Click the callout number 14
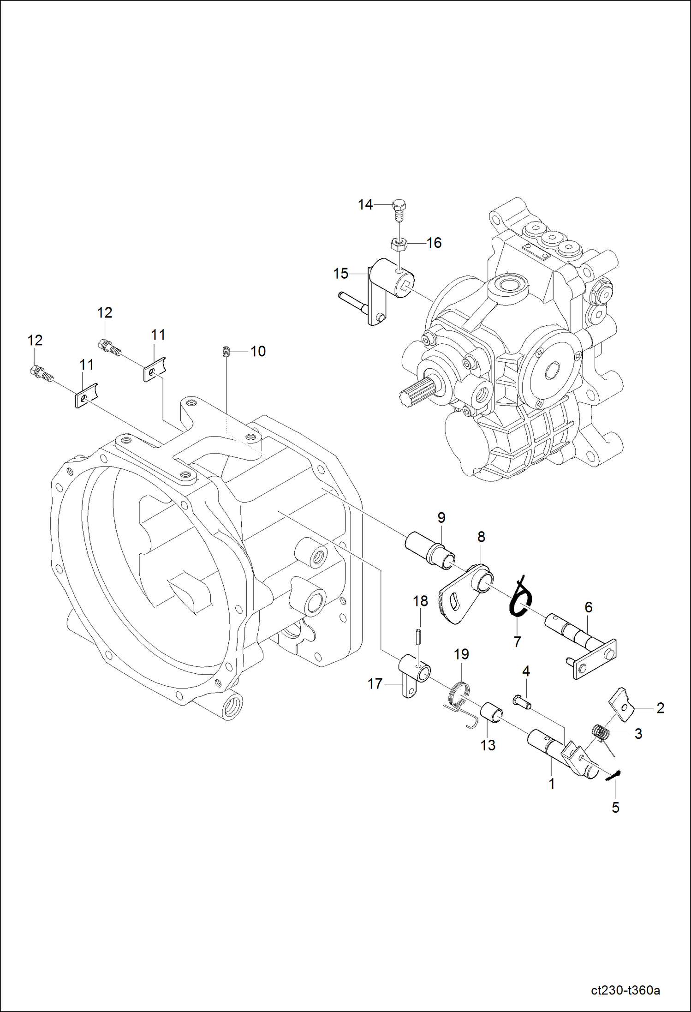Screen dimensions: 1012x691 pos(365,204)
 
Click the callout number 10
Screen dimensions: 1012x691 pos(258,351)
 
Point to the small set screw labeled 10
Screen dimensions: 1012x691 pos(226,352)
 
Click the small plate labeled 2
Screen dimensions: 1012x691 pos(621,704)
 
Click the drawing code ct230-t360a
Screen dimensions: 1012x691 pos(625,990)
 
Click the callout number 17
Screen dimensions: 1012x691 pos(375,683)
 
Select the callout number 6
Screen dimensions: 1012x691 pos(588,607)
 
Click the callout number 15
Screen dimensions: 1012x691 pos(340,274)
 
